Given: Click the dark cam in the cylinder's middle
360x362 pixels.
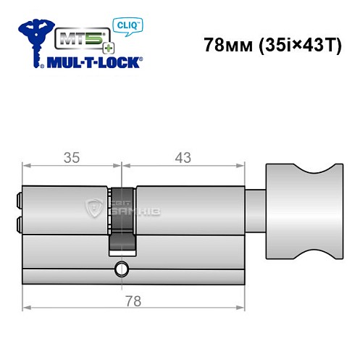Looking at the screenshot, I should point(123,217).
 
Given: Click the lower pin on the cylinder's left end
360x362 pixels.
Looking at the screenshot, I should point(17,223).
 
